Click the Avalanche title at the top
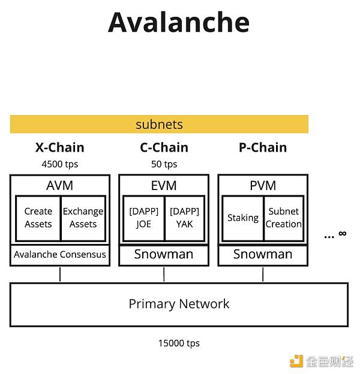(x=179, y=22)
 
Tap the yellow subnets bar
(x=159, y=125)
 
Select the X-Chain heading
(x=59, y=147)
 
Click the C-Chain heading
(x=164, y=147)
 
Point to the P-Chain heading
(x=263, y=147)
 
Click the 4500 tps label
(x=59, y=164)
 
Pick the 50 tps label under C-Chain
(x=164, y=164)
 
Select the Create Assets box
(x=38, y=218)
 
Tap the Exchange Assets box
(x=83, y=218)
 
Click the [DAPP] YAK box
(x=185, y=218)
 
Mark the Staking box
(x=242, y=218)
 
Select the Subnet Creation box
(x=284, y=218)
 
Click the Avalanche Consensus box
(x=59, y=255)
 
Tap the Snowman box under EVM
(x=164, y=255)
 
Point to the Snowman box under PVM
(x=263, y=255)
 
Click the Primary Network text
(x=179, y=304)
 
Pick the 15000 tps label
(x=179, y=343)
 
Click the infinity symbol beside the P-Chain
(x=342, y=234)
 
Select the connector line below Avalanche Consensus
(x=60, y=275)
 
